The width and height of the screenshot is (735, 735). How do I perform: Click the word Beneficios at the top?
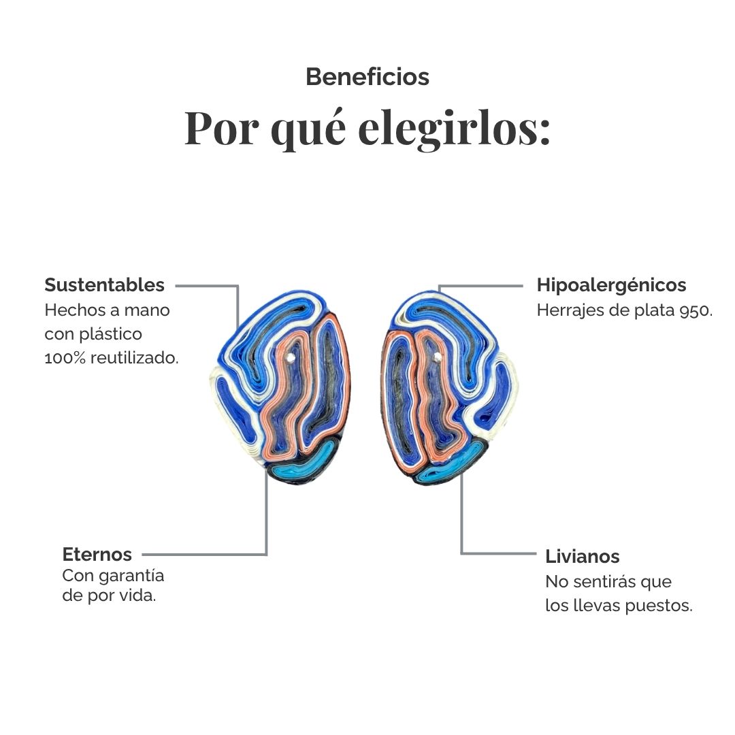[367, 77]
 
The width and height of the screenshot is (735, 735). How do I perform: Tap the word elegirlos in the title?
[454, 128]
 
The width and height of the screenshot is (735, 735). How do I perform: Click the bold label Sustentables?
[105, 284]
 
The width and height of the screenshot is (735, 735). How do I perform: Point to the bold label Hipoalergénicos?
[611, 285]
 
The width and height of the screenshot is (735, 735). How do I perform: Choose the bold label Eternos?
[97, 554]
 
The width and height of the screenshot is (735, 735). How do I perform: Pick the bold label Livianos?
[582, 557]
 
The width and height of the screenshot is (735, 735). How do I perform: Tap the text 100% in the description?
[65, 358]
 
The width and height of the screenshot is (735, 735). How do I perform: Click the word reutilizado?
[135, 358]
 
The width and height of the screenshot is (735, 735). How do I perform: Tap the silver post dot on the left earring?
[291, 358]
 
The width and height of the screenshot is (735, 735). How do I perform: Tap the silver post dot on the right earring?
[438, 357]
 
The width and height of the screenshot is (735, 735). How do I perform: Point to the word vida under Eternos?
[137, 595]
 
